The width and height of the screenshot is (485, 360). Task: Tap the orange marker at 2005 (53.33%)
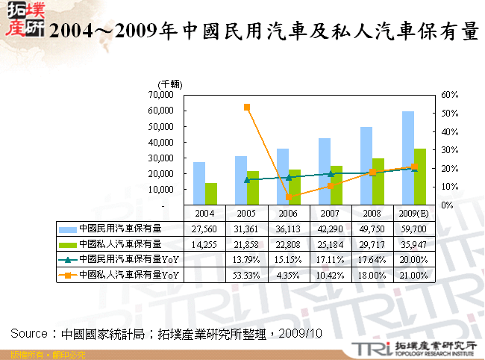pos(247,107)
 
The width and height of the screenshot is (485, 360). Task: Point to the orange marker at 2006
pos(289,197)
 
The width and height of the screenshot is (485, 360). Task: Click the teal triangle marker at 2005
pos(247,180)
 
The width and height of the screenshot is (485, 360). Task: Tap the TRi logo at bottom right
pos(369,348)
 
